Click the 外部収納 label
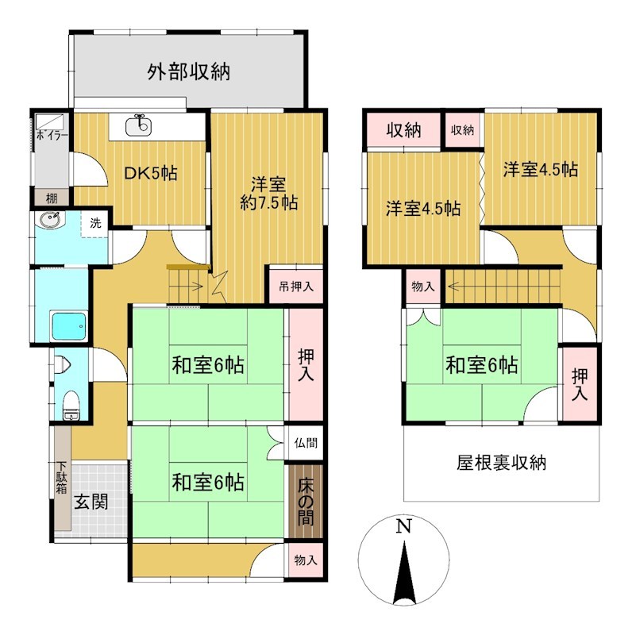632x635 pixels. [x=188, y=72]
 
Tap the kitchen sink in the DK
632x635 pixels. [x=139, y=125]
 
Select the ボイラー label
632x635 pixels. [x=52, y=135]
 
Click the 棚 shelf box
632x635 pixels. [x=52, y=198]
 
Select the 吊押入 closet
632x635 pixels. [x=296, y=287]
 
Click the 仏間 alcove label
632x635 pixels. [x=306, y=443]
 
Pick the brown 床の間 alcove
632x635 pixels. [x=306, y=502]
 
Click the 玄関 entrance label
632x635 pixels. [x=91, y=502]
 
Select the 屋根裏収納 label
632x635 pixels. [x=502, y=463]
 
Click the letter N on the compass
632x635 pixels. [x=403, y=526]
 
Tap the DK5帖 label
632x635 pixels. [x=151, y=173]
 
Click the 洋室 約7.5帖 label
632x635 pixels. [x=268, y=193]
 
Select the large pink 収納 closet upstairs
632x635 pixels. [x=403, y=130]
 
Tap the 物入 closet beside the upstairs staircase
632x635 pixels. [x=423, y=287]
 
